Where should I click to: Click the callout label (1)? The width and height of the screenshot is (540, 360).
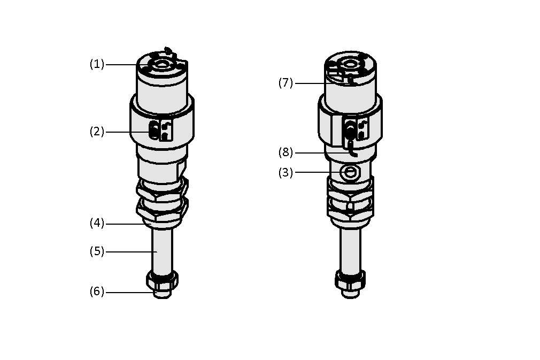[97, 64]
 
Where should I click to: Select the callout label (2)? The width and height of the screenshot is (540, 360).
[97, 132]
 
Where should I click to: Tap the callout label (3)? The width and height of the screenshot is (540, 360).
[286, 172]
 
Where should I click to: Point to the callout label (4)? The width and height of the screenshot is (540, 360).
[97, 223]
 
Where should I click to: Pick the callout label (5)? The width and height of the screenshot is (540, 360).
[97, 251]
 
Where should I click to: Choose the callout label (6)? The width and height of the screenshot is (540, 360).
[97, 292]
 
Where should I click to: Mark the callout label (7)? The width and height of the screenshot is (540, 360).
[286, 83]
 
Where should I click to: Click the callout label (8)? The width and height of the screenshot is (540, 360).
[286, 152]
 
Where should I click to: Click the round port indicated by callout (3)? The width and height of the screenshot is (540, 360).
[350, 172]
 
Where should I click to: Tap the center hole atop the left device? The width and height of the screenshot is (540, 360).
[161, 65]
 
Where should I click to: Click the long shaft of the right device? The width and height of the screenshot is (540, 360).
[350, 249]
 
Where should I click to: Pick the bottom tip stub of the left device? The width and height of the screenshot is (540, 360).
[162, 294]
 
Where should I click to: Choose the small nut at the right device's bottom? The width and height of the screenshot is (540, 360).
[350, 280]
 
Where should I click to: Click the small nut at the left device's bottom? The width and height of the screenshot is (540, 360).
[162, 280]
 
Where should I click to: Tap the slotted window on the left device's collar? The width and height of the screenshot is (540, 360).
[154, 131]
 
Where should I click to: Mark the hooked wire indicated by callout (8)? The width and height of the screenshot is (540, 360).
[351, 149]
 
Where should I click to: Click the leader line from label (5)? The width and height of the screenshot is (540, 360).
[132, 252]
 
